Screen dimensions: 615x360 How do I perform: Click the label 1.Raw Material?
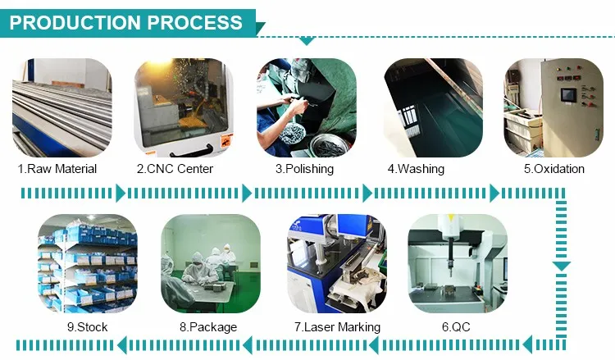pos(57,169)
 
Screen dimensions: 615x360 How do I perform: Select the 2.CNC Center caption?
pos(175,169)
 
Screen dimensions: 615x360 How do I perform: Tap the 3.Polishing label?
pos(304,169)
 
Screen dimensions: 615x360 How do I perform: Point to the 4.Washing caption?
pos(416,169)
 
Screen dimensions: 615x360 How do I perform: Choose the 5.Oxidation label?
pos(554,169)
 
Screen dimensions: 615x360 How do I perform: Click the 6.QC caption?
pos(456,327)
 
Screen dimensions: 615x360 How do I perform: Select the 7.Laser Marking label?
pos(337,327)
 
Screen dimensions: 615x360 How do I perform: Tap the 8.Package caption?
pos(208,327)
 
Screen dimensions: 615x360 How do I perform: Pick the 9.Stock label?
pos(87,327)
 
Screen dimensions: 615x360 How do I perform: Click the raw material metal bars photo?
pos(62,108)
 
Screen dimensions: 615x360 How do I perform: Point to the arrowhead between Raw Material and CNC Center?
pos(121,194)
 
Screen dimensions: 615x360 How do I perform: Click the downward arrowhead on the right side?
pos(561,267)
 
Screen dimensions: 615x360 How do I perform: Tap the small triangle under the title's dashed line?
pos(307,41)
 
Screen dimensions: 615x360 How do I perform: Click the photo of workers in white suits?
pos(211,263)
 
